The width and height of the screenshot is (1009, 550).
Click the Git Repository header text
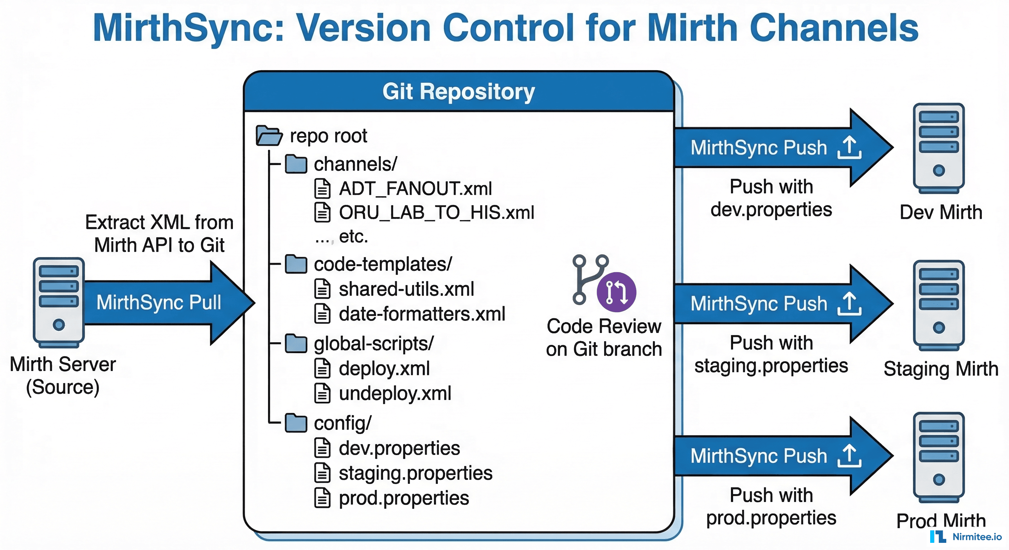tap(458, 92)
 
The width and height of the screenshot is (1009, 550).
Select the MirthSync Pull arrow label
tap(159, 302)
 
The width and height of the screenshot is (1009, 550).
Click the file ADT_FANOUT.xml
tap(415, 188)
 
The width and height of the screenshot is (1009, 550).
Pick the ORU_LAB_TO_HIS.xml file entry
tap(436, 213)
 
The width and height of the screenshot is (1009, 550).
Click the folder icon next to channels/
tap(296, 164)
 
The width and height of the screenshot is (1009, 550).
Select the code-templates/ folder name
tap(383, 264)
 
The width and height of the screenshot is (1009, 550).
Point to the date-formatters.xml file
tap(422, 314)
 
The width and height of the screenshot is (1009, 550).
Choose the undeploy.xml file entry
tap(395, 393)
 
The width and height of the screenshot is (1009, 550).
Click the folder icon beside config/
tap(296, 423)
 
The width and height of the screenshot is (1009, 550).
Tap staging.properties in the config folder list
tap(415, 473)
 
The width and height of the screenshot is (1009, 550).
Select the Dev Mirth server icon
tap(938, 148)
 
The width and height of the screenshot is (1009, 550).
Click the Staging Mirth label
tap(941, 369)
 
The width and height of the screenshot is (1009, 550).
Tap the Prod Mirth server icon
tap(938, 457)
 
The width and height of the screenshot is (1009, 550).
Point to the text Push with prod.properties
tap(771, 506)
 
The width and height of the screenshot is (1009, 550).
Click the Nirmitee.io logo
tap(966, 536)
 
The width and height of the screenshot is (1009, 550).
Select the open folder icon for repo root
tap(269, 135)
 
